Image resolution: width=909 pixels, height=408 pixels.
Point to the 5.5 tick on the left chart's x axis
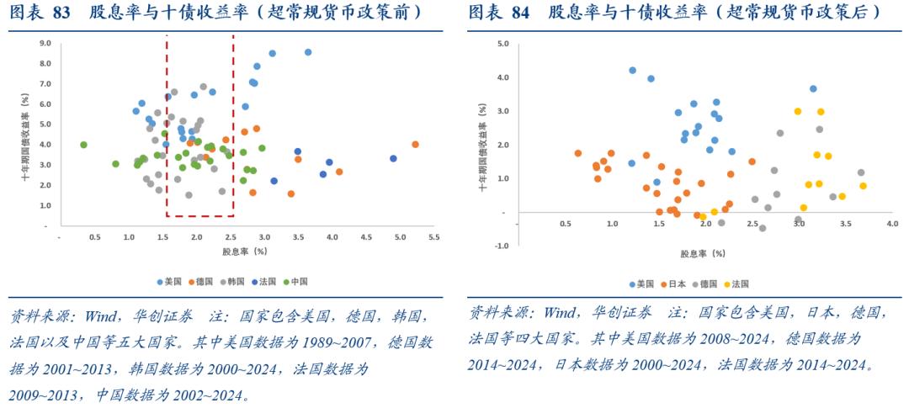pyautogui.click(x=433, y=238)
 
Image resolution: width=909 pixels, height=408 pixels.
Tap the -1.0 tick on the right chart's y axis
pyautogui.click(x=502, y=246)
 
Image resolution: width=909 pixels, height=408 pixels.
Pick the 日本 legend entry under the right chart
pyautogui.click(x=673, y=284)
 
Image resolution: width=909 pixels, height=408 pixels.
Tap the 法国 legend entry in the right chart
pyautogui.click(x=740, y=284)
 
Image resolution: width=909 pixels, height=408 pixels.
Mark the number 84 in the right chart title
pyautogui.click(x=519, y=12)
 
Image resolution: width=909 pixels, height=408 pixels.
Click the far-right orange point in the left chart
pyautogui.click(x=415, y=145)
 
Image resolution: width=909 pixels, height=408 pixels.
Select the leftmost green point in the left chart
pyautogui.click(x=83, y=145)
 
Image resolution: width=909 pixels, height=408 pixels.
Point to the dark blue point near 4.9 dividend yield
pyautogui.click(x=393, y=158)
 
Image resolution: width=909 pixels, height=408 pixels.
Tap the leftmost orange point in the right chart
pyautogui.click(x=577, y=153)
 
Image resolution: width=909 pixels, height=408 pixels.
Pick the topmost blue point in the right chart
pyautogui.click(x=632, y=71)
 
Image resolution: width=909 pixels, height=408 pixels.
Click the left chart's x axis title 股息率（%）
pyautogui.click(x=244, y=252)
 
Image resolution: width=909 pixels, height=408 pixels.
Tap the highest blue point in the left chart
pyautogui.click(x=308, y=52)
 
